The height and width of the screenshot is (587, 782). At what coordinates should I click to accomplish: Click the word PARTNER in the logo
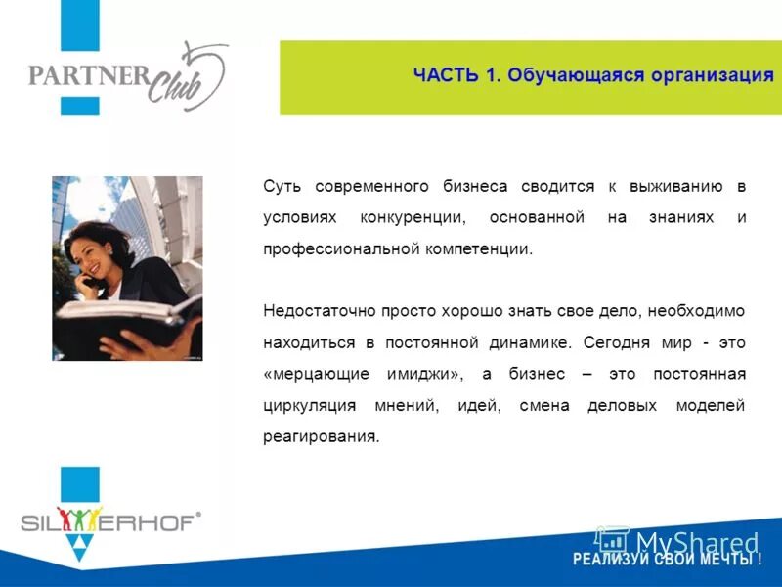point(88,75)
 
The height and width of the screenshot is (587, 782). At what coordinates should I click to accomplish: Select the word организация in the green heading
point(709,76)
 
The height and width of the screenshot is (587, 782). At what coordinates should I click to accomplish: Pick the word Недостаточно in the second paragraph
point(312,310)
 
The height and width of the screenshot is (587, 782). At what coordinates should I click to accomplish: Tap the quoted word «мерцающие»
point(311,373)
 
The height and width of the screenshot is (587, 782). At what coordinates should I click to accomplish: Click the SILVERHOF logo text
point(108,519)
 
